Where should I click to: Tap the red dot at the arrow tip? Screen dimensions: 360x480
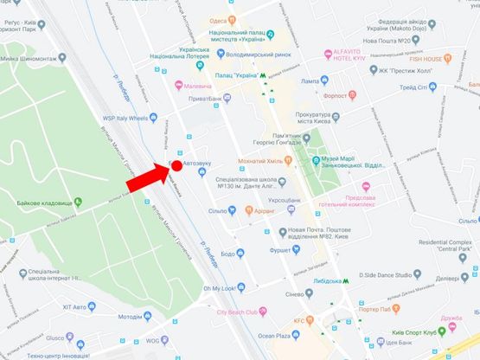(176, 165)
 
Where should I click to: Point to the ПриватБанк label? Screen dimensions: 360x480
(223, 100)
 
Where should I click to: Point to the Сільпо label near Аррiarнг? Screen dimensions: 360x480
(217, 210)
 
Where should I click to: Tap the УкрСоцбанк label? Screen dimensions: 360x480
(284, 200)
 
